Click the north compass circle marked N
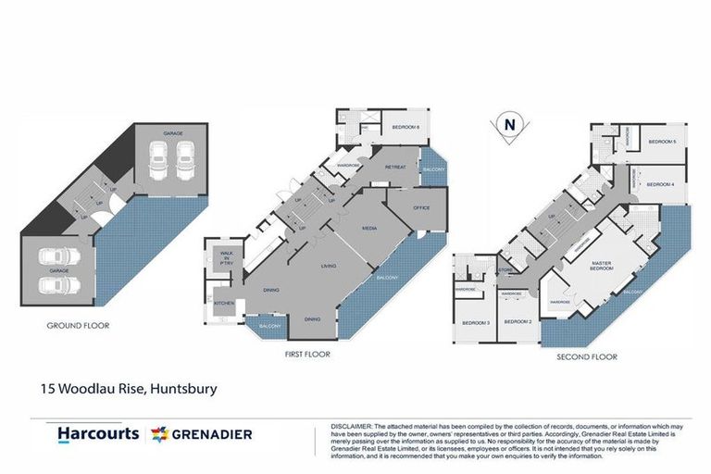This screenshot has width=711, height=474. (507, 123)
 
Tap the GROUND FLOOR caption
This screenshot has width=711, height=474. (78, 326)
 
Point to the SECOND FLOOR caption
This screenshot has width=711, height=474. (586, 355)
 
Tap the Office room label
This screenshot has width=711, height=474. (421, 207)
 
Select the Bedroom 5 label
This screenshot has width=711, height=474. (661, 142)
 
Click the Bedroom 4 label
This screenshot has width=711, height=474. (659, 184)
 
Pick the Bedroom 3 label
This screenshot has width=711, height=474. (475, 322)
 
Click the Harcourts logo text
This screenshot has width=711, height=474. (98, 433)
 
